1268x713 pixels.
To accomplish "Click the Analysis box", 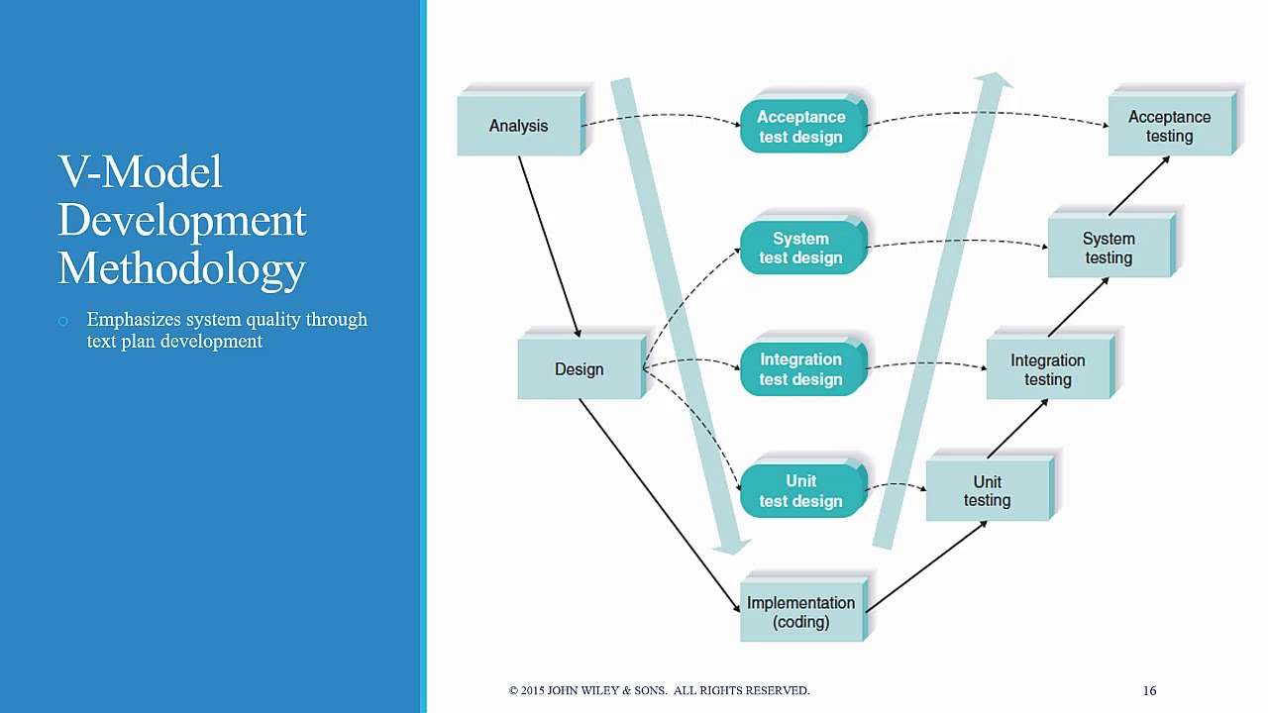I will pyautogui.click(x=519, y=126).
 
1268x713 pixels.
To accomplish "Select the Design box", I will pyautogui.click(x=580, y=369).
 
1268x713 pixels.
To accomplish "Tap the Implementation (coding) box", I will pyautogui.click(x=801, y=612).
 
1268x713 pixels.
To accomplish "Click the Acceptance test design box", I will pyautogui.click(x=801, y=127).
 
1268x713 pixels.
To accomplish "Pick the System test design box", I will pyautogui.click(x=801, y=248).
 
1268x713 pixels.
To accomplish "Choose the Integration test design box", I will pyautogui.click(x=801, y=369).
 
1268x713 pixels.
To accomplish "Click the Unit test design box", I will pyautogui.click(x=801, y=491).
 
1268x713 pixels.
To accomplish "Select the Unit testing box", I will pyautogui.click(x=988, y=491).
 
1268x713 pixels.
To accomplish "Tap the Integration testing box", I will pyautogui.click(x=1048, y=369).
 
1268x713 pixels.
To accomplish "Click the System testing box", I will pyautogui.click(x=1109, y=248).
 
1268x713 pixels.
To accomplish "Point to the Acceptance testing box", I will pyautogui.click(x=1169, y=126).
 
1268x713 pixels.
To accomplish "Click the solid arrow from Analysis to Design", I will pyautogui.click(x=549, y=246).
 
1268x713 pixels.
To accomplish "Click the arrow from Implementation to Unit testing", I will pyautogui.click(x=925, y=566).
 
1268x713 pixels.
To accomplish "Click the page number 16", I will pyautogui.click(x=1149, y=690).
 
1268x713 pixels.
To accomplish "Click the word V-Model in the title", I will pyautogui.click(x=140, y=172).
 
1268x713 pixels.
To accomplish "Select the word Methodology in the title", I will pyautogui.click(x=181, y=268).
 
